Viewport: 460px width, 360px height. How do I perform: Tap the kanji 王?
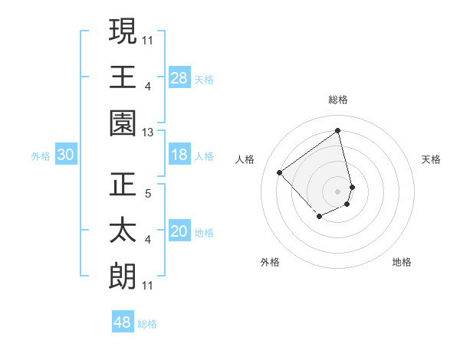(123, 77)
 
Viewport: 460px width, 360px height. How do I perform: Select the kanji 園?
(123, 124)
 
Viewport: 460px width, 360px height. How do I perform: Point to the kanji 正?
(123, 184)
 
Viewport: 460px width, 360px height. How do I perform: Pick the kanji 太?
(123, 231)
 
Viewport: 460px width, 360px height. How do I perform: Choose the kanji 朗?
(123, 277)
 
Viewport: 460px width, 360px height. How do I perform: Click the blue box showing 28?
(179, 77)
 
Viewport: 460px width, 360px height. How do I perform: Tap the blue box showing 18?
(179, 155)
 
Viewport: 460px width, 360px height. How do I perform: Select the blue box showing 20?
(179, 231)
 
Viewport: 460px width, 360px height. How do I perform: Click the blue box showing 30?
(66, 155)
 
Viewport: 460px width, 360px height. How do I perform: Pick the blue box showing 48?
(123, 322)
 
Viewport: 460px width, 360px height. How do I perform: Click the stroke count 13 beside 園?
(148, 133)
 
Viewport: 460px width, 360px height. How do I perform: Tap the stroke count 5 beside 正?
(148, 193)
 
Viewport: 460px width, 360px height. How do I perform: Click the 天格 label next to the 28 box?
(204, 79)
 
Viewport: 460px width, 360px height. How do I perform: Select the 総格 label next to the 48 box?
(147, 324)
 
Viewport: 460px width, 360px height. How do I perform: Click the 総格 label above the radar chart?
(338, 100)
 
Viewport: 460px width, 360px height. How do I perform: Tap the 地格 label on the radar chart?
(402, 262)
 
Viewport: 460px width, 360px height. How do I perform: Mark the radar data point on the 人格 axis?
(280, 173)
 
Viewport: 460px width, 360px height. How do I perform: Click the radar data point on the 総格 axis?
(338, 130)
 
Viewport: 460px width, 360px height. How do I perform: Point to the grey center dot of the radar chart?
(338, 191)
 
